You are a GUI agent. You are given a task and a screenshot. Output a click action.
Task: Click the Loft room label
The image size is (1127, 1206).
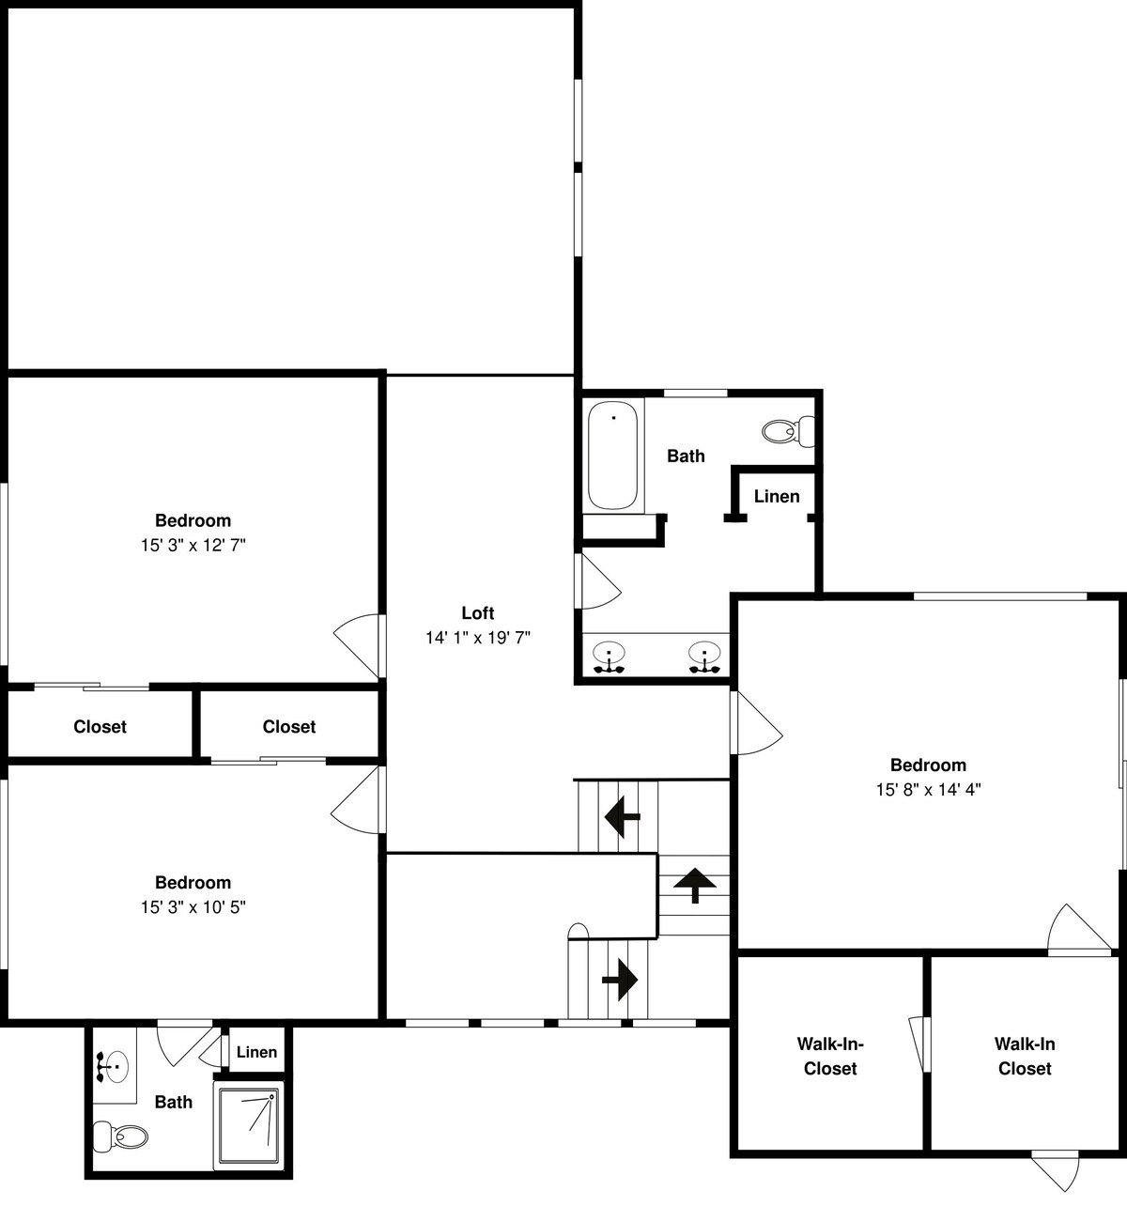click(478, 612)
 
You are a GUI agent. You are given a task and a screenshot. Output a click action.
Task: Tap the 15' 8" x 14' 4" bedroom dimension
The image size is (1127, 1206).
click(929, 789)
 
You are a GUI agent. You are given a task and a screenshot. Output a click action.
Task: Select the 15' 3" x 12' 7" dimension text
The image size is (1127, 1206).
click(193, 546)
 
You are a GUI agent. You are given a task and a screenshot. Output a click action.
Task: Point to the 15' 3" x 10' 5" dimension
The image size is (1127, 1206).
click(193, 907)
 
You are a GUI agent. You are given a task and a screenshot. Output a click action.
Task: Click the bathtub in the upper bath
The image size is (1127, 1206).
click(612, 455)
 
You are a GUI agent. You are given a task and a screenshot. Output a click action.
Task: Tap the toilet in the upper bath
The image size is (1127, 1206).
click(788, 431)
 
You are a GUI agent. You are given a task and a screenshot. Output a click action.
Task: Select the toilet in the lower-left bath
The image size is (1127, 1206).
click(120, 1136)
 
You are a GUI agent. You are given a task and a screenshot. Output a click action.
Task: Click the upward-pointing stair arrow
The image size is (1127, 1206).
click(695, 886)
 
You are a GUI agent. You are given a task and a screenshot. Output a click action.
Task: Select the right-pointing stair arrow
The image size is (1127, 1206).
click(620, 980)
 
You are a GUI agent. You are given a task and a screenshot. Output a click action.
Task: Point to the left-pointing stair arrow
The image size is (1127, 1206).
click(623, 817)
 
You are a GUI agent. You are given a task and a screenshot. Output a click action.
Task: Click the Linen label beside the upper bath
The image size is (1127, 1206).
click(777, 496)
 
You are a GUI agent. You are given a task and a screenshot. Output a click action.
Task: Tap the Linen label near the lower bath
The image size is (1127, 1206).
click(256, 1052)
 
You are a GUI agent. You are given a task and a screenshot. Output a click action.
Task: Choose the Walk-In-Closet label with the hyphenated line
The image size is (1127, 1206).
click(830, 1056)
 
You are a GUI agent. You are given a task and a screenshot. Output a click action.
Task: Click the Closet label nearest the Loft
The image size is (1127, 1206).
click(289, 726)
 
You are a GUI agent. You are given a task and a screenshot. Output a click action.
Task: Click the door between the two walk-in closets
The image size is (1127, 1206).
click(919, 1044)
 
